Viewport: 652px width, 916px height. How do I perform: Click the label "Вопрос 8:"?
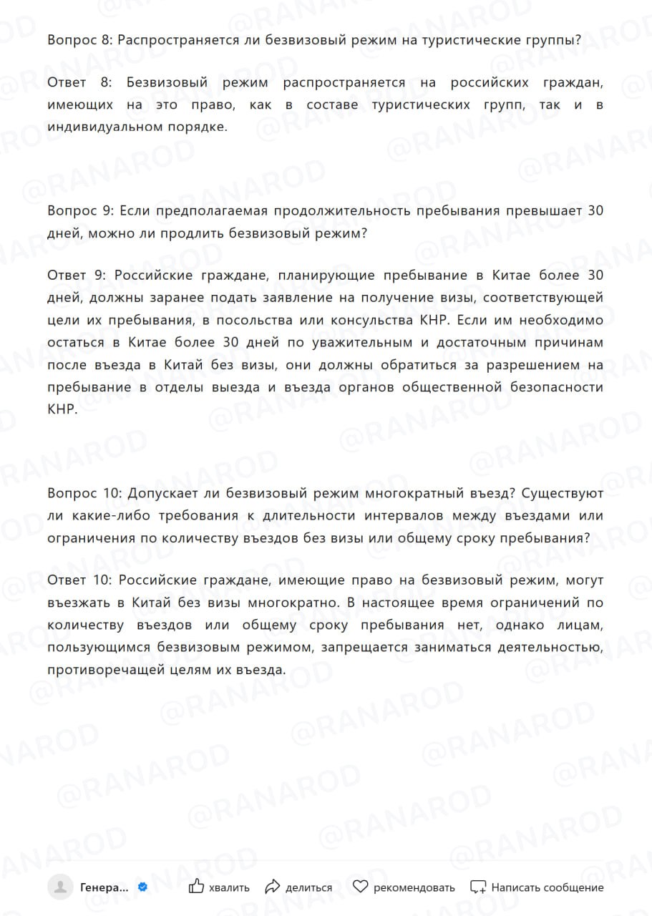tap(79, 41)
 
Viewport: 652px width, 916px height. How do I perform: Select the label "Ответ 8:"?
tap(77, 83)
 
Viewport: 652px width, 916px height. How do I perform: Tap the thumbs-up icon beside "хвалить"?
tap(196, 887)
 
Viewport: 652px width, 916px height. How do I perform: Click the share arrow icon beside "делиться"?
tap(272, 887)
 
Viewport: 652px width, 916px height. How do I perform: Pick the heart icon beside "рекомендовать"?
tap(361, 887)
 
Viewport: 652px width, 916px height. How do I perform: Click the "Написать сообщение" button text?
tap(547, 887)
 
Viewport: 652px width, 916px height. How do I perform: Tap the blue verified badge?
tap(142, 887)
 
